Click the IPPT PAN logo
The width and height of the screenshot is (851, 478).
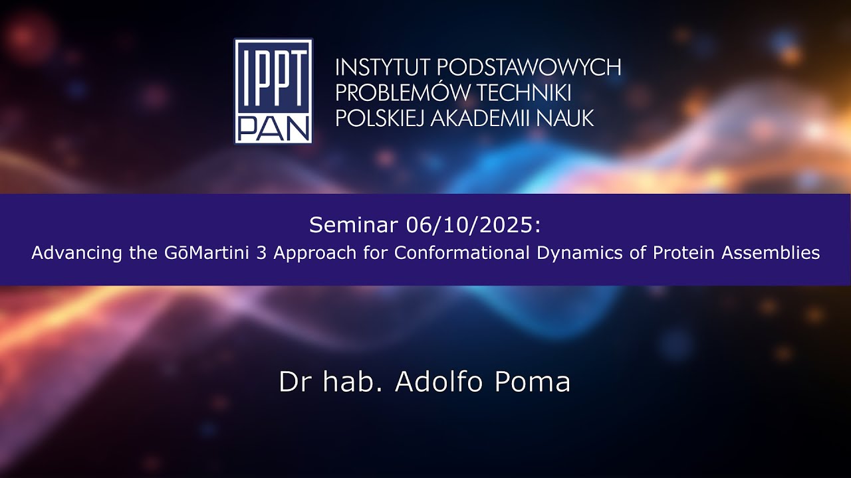(x=273, y=91)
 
